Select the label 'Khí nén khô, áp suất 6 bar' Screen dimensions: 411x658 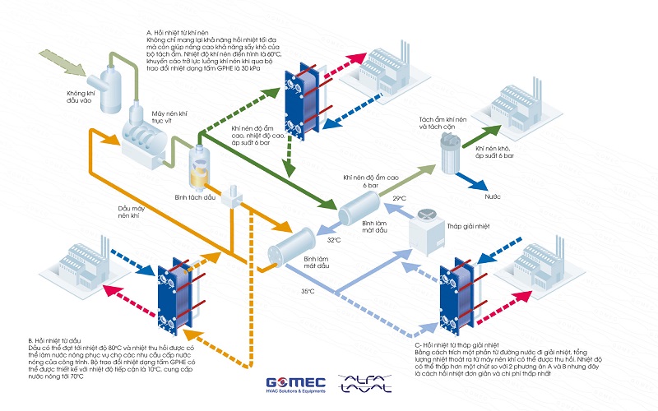(x=494, y=152)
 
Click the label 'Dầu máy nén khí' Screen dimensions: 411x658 (x=126, y=212)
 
